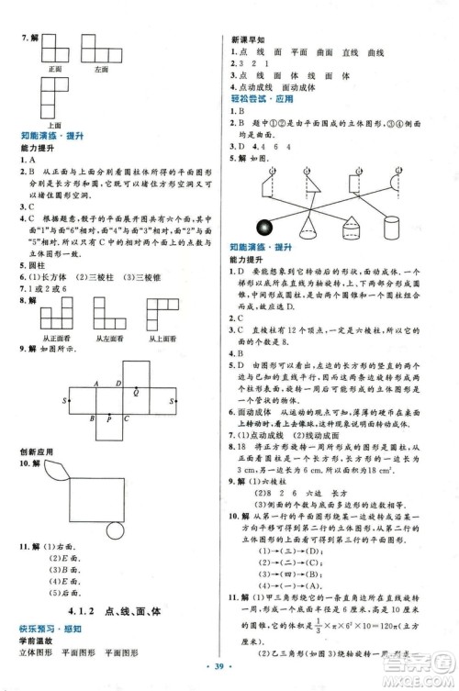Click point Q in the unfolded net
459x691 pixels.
137,392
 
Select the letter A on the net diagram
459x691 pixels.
96,385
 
